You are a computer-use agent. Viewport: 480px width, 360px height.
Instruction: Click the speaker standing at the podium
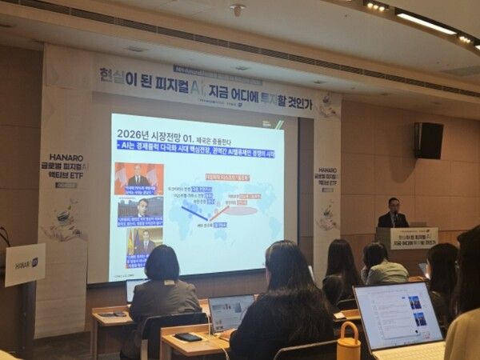[x=392, y=214]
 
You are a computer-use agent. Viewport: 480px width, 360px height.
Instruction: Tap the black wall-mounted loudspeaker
[x=428, y=140]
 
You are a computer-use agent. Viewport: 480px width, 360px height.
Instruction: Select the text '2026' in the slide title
[x=128, y=132]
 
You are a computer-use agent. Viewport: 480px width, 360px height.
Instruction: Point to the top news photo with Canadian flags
[x=138, y=178]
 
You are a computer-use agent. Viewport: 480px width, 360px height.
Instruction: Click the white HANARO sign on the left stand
[x=24, y=264]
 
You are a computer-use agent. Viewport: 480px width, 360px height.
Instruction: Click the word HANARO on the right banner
[x=326, y=170]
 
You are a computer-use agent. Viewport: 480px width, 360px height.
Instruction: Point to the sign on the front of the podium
[x=412, y=238]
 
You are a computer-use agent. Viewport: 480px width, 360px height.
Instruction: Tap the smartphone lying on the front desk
[x=189, y=337]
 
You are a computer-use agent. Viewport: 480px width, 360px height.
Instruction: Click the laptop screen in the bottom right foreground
[x=398, y=314]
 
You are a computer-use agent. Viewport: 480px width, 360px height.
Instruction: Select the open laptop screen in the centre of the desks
[x=231, y=310]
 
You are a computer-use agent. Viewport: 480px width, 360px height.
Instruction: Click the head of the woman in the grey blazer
[x=162, y=262]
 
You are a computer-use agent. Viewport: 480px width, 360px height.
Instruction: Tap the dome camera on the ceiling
[x=237, y=10]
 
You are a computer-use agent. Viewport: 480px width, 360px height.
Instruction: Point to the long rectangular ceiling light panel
[x=426, y=22]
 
